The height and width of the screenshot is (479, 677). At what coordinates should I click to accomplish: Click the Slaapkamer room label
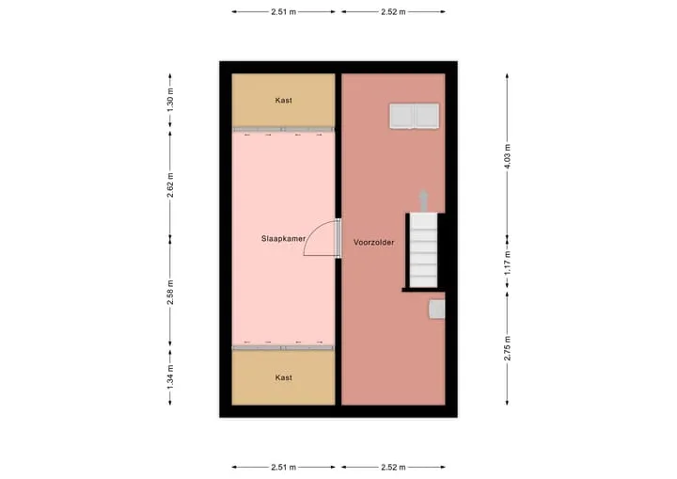(x=283, y=239)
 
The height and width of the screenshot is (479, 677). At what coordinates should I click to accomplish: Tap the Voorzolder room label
(x=374, y=243)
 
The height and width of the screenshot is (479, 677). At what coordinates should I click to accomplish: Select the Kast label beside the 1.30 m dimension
(x=284, y=101)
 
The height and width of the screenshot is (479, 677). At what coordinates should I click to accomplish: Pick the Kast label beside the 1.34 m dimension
(x=284, y=378)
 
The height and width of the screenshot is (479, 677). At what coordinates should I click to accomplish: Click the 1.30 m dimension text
(x=170, y=101)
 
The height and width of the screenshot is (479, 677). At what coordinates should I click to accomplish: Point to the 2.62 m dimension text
(x=170, y=185)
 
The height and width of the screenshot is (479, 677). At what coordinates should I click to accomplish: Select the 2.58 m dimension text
(x=170, y=293)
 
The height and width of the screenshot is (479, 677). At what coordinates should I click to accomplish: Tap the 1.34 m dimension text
(x=170, y=377)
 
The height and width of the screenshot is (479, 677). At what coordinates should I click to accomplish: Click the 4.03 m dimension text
(x=508, y=156)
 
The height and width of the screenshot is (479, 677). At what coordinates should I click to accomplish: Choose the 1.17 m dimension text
(x=508, y=263)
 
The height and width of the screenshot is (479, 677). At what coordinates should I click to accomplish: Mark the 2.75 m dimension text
(x=508, y=348)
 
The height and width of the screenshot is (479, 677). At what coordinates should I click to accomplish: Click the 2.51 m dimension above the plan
(x=284, y=12)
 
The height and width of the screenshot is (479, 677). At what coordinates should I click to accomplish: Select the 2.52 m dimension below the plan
(x=393, y=468)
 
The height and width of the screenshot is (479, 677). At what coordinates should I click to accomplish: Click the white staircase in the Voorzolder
(x=423, y=250)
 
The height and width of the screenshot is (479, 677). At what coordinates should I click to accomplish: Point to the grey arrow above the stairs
(x=423, y=201)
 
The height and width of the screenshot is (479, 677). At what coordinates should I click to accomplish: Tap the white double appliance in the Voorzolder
(x=415, y=116)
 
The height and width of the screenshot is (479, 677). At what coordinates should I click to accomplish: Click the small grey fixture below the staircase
(x=437, y=310)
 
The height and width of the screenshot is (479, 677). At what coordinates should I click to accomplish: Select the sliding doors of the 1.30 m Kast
(x=284, y=129)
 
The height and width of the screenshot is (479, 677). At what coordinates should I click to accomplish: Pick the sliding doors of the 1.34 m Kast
(x=284, y=347)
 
